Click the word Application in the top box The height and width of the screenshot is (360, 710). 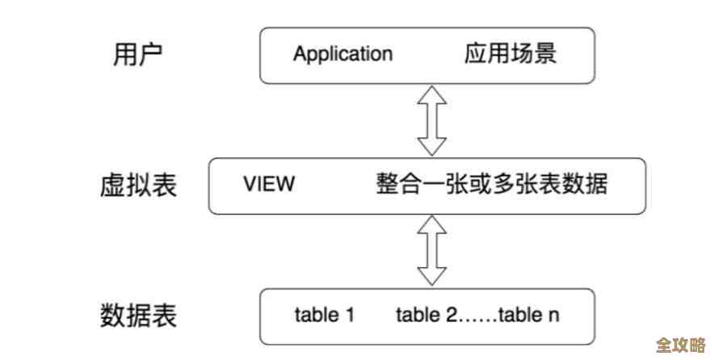[342, 54]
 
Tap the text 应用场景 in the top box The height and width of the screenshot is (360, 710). [510, 54]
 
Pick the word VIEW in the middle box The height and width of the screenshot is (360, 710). [269, 184]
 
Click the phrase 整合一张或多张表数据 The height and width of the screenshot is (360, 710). [491, 184]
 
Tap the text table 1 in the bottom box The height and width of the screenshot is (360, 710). [325, 314]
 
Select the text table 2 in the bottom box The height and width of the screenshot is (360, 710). [426, 314]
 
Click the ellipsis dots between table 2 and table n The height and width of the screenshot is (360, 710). [477, 316]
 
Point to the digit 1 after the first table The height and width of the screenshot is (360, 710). [350, 314]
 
